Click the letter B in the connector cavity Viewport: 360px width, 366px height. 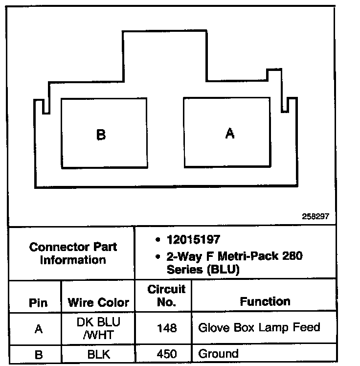pos(101,135)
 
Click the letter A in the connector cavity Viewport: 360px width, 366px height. pos(229,133)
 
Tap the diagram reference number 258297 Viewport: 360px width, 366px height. pos(316,216)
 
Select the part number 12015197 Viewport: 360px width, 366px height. pos(193,240)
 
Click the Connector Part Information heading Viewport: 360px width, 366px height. pos(73,253)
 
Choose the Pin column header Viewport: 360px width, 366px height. pos(38,302)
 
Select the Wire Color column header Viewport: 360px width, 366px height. pos(98,302)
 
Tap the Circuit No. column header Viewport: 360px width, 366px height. pos(167,296)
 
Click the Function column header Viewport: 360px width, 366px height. pos(265,301)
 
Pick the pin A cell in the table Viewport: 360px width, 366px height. pos(38,329)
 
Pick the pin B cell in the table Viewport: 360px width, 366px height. pos(38,354)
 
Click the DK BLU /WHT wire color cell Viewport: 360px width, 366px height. pos(98,328)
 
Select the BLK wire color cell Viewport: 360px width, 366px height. pos(98,354)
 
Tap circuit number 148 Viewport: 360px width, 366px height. pos(167,327)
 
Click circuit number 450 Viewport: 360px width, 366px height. pos(167,354)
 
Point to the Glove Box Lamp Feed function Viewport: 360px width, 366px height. pos(259,327)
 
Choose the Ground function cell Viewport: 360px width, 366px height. pos(218,354)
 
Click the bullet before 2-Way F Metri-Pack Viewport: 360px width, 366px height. pos(157,256)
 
